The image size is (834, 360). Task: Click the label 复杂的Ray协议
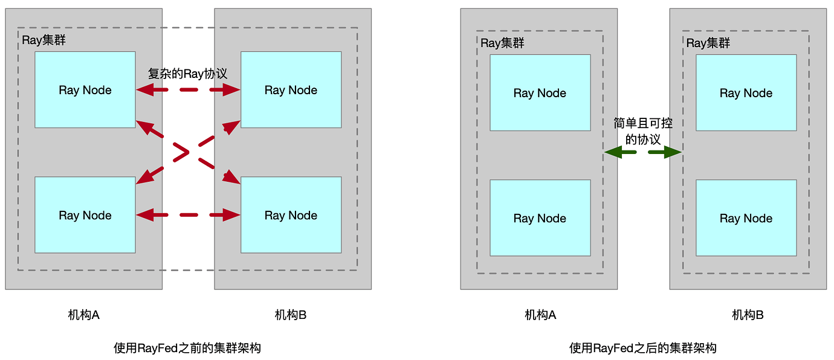(188, 74)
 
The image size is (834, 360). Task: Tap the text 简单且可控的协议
(643, 131)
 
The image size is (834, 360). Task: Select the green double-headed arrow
(643, 153)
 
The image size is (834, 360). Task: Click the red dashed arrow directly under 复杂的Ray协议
(188, 91)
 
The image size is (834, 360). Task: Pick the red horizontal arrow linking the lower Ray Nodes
(188, 214)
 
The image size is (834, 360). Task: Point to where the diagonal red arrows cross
(188, 152)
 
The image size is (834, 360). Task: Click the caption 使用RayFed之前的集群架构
(187, 349)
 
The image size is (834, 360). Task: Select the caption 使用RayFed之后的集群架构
(643, 349)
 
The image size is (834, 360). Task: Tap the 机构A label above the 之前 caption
(84, 315)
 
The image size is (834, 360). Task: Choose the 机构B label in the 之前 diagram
(291, 315)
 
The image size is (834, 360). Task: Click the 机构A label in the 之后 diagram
(540, 315)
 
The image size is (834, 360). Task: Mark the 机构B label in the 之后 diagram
(748, 315)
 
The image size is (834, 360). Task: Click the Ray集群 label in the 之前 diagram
(44, 40)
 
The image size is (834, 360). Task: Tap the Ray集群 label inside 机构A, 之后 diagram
(502, 43)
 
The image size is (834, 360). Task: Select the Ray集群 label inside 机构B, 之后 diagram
(708, 43)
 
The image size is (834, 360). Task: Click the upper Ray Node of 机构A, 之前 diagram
(85, 89)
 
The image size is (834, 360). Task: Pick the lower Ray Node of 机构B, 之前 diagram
(291, 214)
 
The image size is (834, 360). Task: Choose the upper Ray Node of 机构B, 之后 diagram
(746, 92)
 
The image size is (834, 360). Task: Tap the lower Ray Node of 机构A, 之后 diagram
(540, 217)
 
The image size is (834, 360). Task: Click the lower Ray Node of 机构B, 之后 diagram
(746, 217)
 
